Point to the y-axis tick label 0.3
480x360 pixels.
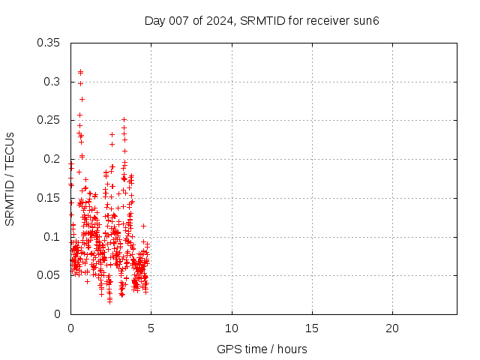(54, 81)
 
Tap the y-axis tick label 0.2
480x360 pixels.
(54, 159)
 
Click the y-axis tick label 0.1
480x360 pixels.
(54, 237)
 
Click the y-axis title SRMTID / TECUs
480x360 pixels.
(10, 178)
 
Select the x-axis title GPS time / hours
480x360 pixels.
(262, 349)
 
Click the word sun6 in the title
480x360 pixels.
(367, 20)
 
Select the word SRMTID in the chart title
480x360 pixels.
(260, 20)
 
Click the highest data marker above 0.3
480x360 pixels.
(80, 71)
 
